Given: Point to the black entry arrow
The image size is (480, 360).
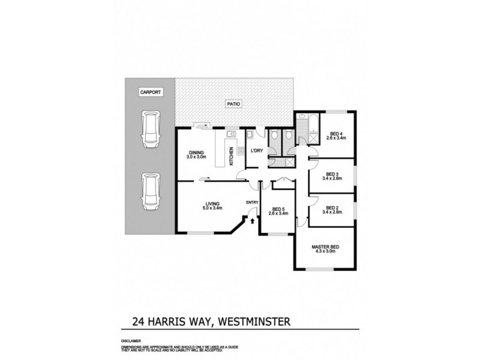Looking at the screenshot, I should pos(252,221).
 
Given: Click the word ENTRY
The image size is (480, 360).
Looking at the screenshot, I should pos(252,202).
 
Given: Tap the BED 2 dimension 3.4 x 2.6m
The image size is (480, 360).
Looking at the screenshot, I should pos(332,212).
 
